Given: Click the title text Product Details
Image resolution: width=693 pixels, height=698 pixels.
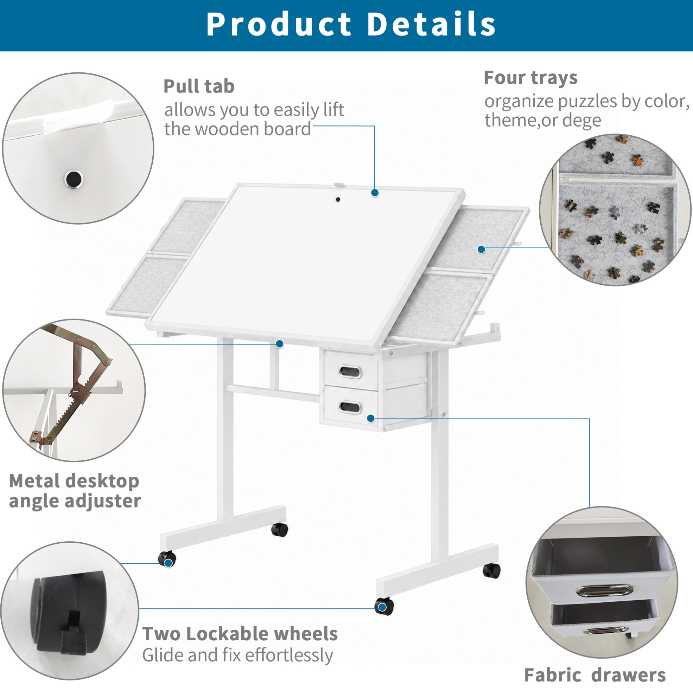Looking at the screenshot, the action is pos(351,24).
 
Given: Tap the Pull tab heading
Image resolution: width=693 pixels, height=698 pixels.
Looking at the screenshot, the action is pos(199,87).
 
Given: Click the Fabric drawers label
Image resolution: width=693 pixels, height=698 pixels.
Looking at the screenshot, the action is pos(595,675).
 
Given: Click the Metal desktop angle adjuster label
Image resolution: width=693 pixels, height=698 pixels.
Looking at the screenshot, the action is pos(75,491).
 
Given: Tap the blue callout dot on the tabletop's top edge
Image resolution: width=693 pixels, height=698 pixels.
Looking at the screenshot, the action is pos(375,193).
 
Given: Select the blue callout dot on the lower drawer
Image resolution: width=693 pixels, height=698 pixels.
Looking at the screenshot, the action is pos(371,418).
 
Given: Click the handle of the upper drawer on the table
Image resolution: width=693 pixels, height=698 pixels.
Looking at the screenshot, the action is pos(350,371).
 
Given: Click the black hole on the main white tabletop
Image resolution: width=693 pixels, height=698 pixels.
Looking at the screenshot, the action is pos(338,199).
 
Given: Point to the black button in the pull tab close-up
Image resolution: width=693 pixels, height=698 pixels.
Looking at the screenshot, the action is pos(74,179).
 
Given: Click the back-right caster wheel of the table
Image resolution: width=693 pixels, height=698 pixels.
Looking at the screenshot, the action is pos(491,571).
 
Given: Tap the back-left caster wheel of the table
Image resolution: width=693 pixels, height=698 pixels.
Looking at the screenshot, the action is pos(280,530).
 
